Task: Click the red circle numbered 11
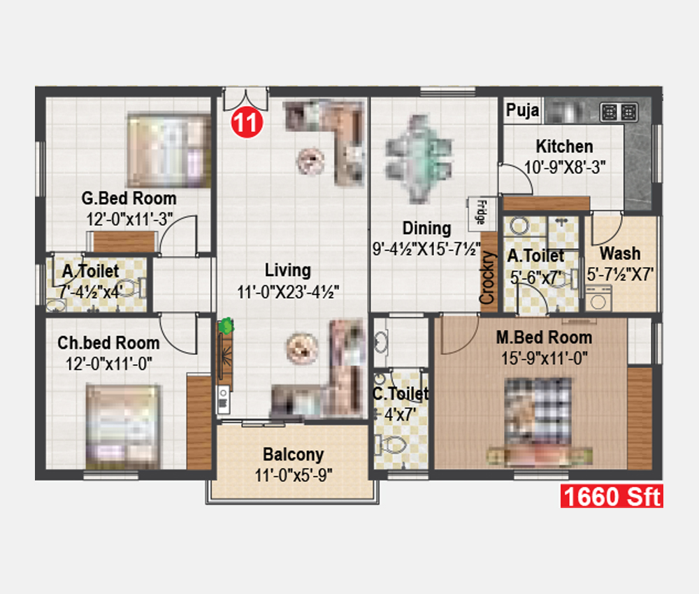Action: coord(247,122)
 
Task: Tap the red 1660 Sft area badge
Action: coord(612,496)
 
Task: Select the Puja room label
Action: coord(522,110)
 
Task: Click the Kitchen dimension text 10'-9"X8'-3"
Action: coord(564,168)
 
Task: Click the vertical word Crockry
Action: coord(488,277)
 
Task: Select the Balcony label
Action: coord(294,454)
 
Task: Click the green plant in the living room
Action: coord(226,326)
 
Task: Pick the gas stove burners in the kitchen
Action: coord(619,113)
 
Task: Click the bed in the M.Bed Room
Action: coord(539,421)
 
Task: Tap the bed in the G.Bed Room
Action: coord(169,150)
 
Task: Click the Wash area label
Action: coord(619,254)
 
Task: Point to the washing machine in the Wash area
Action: coord(598,298)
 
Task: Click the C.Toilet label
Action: coord(401,393)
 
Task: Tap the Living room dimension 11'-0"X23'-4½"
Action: coord(288,292)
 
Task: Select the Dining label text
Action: coord(426,228)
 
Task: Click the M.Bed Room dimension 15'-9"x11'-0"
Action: coord(545,358)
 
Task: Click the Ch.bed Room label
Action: coord(108,342)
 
